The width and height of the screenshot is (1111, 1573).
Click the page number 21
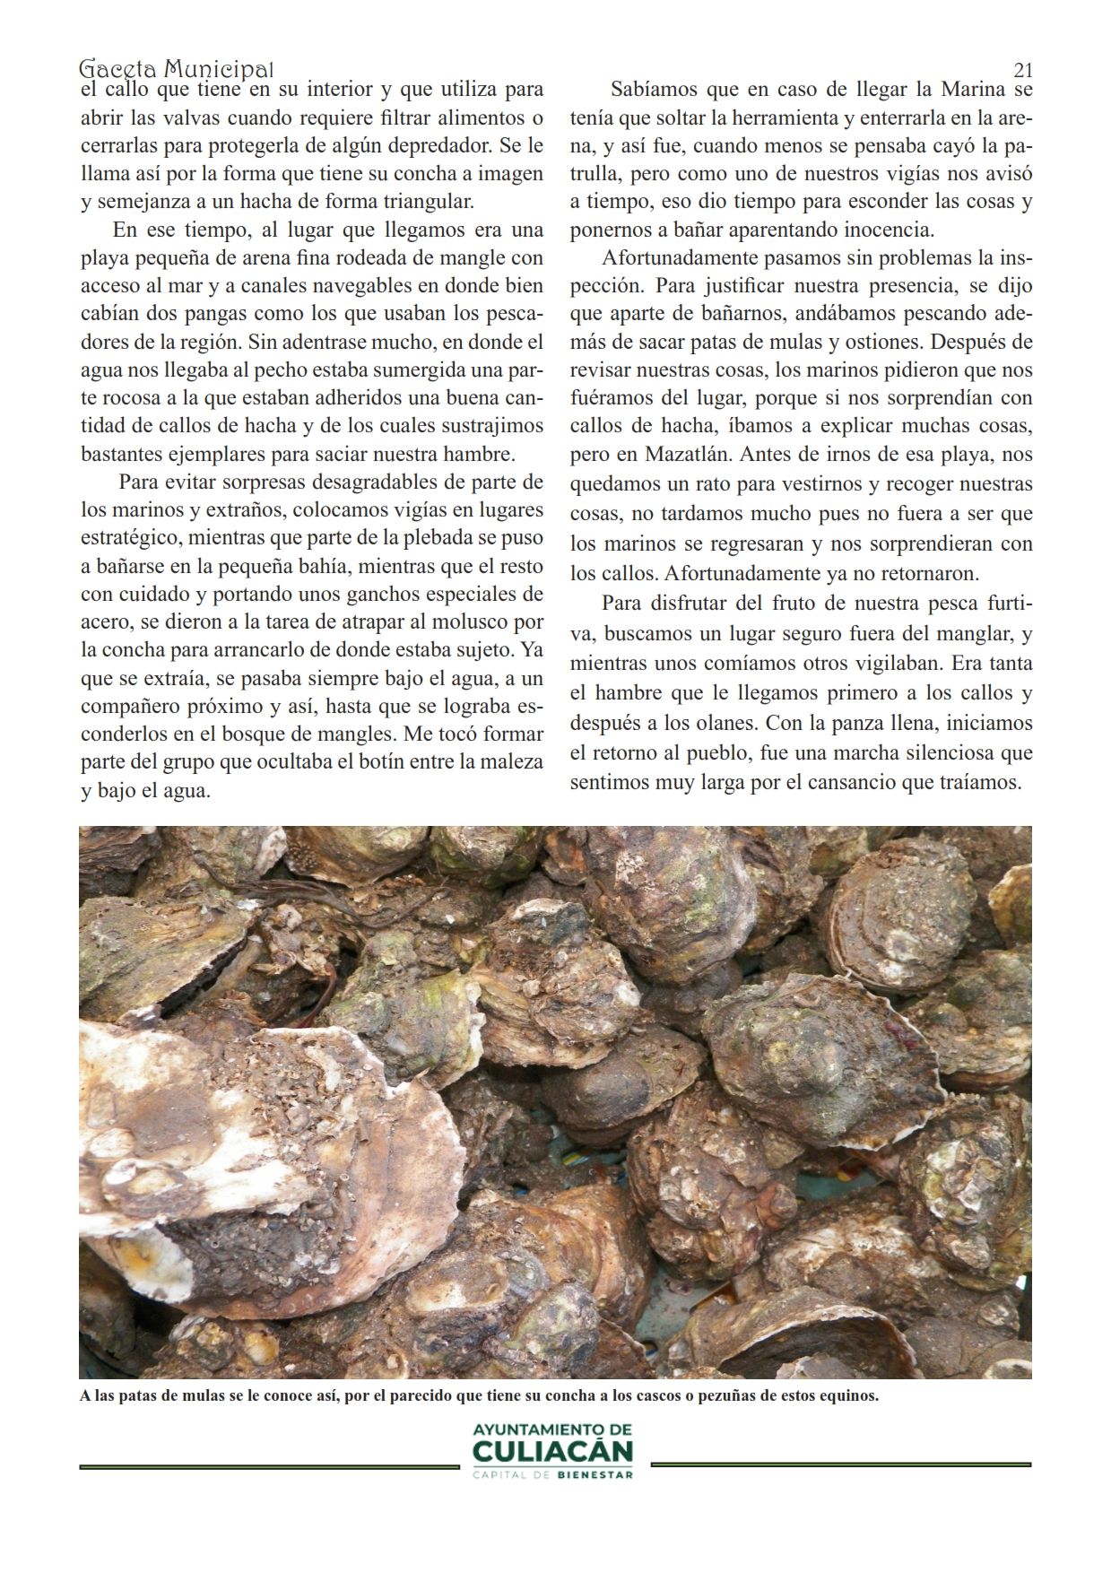pyautogui.click(x=1023, y=70)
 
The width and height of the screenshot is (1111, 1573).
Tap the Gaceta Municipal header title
pyautogui.click(x=177, y=69)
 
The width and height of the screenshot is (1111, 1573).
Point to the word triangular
pyautogui.click(x=431, y=201)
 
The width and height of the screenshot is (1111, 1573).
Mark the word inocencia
pyautogui.click(x=882, y=230)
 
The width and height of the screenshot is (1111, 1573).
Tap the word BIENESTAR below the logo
pyautogui.click(x=595, y=1473)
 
